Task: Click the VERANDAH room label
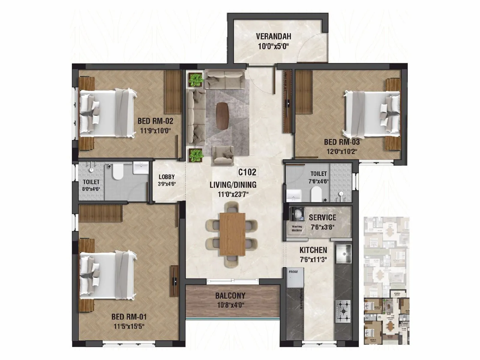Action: [273, 37]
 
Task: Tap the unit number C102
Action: [247, 172]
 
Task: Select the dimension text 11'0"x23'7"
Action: [233, 194]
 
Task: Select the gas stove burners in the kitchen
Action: [343, 311]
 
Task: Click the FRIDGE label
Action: [293, 272]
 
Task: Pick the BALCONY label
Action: [230, 296]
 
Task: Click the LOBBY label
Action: [166, 177]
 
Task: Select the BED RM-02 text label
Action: [155, 121]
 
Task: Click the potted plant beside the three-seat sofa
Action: [196, 79]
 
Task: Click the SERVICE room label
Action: [322, 217]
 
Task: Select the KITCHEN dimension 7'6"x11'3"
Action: [313, 259]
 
